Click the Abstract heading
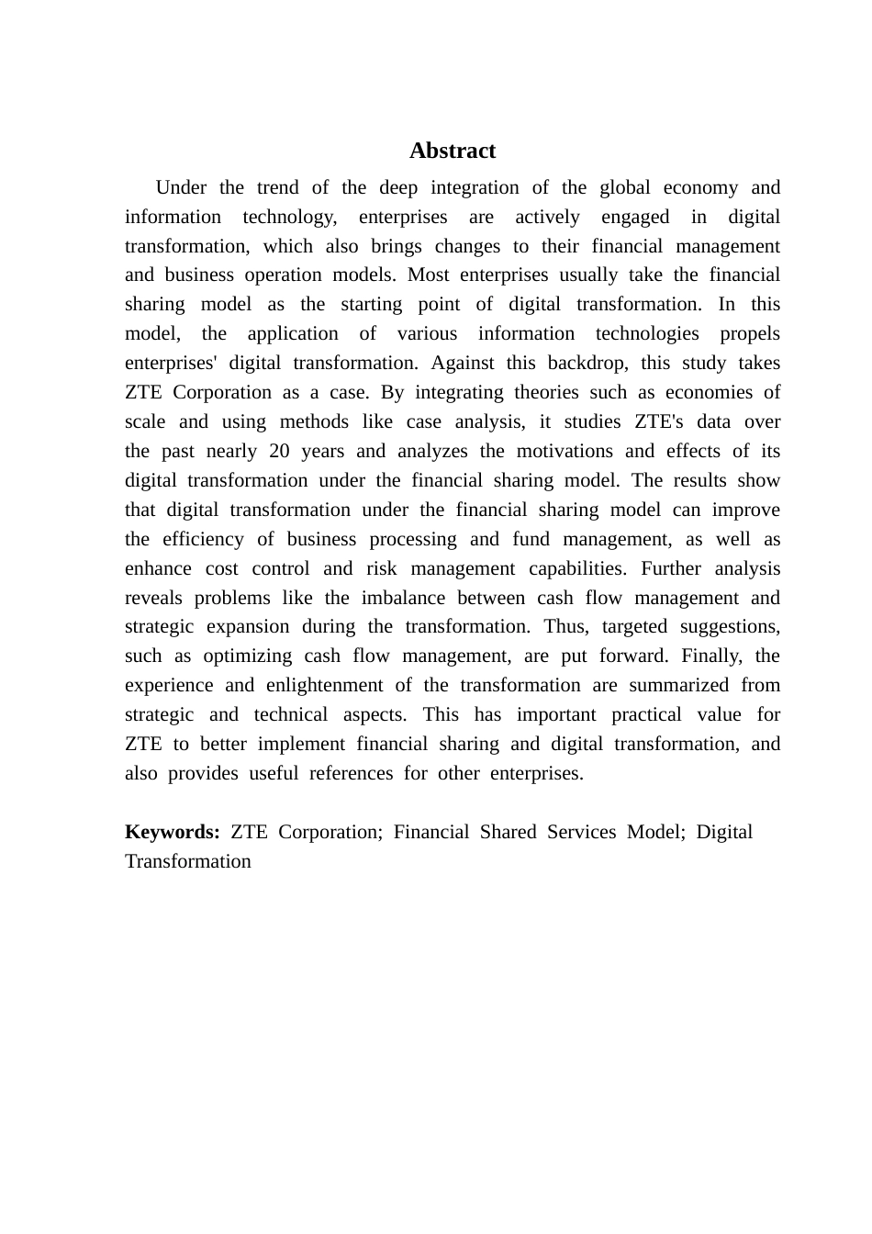click(x=452, y=151)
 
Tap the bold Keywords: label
click(x=172, y=832)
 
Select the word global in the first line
click(x=624, y=187)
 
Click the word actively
click(x=547, y=217)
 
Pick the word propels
click(x=750, y=333)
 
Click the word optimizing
click(x=247, y=656)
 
